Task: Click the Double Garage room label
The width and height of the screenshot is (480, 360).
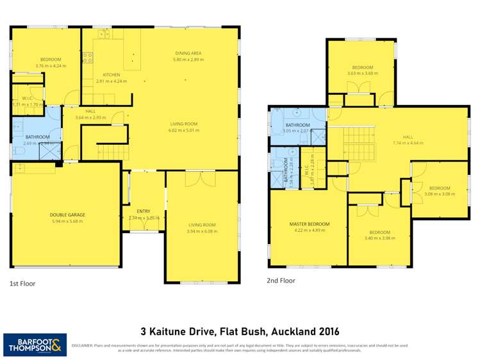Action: (67, 215)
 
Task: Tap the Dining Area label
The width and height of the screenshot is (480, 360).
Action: (188, 53)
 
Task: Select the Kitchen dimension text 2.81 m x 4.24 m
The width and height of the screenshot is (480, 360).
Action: (111, 81)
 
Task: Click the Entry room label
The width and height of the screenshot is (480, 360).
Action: (144, 211)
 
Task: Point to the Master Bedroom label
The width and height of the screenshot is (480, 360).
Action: (309, 224)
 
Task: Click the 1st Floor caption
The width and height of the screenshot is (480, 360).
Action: (22, 282)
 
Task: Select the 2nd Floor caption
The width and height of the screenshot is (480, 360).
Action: (281, 280)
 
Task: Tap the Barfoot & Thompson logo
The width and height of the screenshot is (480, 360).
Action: (35, 345)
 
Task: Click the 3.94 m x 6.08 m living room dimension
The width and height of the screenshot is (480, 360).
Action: (203, 231)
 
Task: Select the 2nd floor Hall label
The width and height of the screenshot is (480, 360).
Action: (408, 136)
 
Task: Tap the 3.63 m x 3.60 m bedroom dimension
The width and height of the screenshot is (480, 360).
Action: (362, 74)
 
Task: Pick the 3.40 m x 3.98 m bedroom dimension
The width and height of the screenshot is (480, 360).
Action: (379, 238)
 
